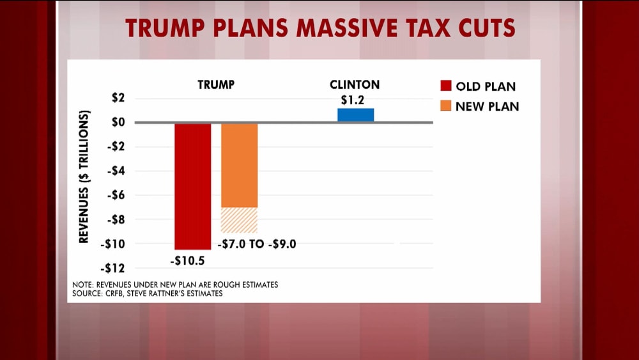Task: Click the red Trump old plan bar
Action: click(192, 186)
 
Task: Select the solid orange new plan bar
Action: click(239, 165)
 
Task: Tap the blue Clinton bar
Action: click(355, 115)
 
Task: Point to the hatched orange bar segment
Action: click(239, 220)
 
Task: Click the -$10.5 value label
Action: click(187, 260)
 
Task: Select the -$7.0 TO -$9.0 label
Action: click(257, 244)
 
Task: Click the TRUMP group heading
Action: click(215, 84)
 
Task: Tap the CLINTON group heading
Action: click(355, 84)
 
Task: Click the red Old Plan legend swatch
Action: click(445, 86)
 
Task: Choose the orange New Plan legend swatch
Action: click(445, 106)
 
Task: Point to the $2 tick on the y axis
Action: click(119, 98)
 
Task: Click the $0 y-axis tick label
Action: click(119, 123)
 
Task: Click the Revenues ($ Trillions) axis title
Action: click(84, 177)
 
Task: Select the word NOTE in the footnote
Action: click(83, 285)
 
